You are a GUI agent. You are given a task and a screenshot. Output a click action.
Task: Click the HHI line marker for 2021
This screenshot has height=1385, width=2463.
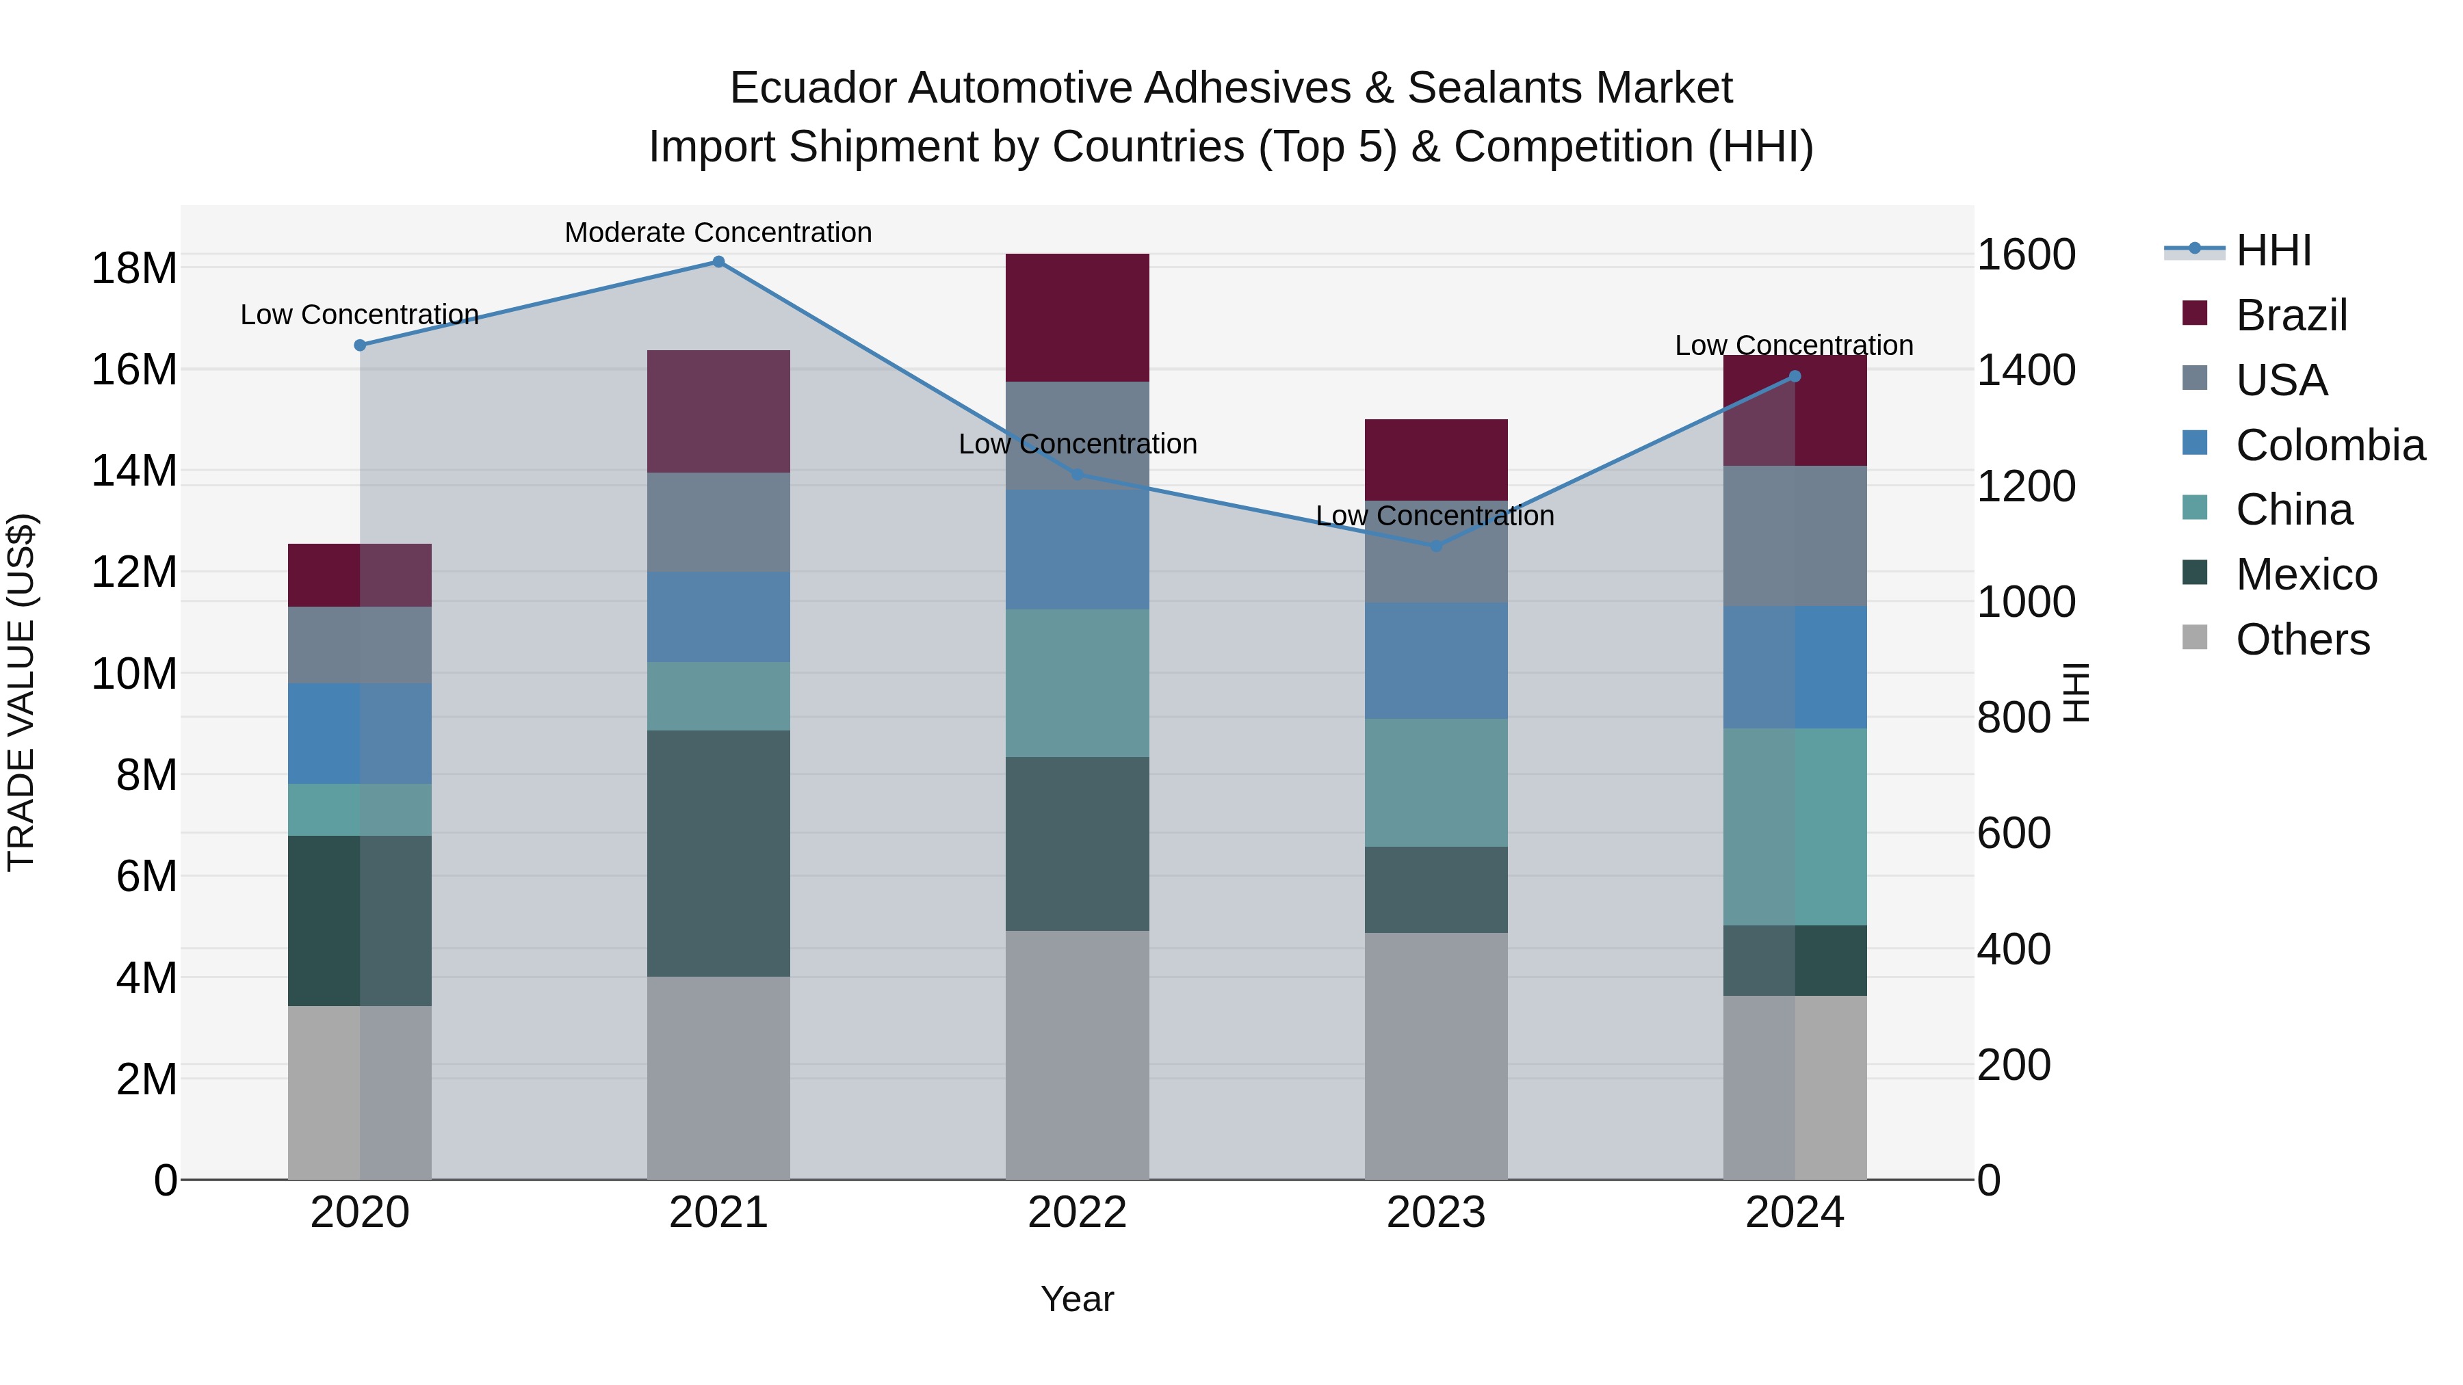point(718,262)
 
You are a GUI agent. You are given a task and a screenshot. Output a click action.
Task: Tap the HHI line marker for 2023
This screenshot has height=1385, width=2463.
point(1435,546)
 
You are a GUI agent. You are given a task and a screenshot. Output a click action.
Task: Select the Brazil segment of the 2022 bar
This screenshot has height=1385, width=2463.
point(1077,317)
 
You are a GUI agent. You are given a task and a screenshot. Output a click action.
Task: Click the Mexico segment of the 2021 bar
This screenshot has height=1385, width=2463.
point(718,853)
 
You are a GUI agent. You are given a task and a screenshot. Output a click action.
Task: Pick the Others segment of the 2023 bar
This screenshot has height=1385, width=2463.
point(1435,1055)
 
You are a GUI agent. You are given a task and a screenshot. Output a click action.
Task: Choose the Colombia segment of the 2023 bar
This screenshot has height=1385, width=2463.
point(1435,661)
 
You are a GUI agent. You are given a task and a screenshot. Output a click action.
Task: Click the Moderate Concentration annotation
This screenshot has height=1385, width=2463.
point(718,233)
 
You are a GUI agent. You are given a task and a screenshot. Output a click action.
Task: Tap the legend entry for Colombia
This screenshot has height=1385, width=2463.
point(2329,445)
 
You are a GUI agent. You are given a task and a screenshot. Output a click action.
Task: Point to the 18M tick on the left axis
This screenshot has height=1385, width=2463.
point(134,269)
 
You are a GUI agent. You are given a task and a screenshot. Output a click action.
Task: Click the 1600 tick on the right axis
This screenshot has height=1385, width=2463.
point(2025,255)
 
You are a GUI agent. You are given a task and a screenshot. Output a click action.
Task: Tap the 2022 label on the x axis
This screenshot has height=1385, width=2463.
point(1077,1213)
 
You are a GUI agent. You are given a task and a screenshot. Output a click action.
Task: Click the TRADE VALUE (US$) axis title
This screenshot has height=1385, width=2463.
point(21,692)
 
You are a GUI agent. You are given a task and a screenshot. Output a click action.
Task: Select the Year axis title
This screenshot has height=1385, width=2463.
point(1077,1299)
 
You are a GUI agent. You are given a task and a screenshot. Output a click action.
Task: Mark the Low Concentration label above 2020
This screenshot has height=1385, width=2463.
point(359,315)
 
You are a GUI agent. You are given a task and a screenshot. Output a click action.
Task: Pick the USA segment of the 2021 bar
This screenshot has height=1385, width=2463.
point(718,522)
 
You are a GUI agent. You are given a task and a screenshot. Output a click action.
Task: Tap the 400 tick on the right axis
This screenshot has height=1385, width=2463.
point(2013,949)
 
